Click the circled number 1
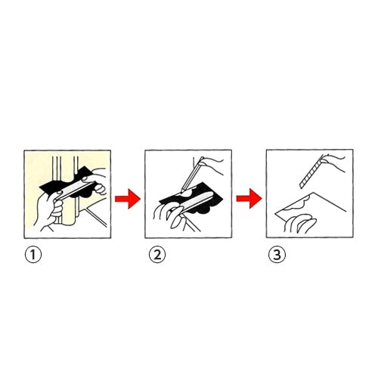click(x=33, y=255)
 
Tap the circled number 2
click(x=157, y=255)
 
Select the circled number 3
click(x=277, y=255)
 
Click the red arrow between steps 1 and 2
click(x=128, y=199)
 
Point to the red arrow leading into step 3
click(x=249, y=199)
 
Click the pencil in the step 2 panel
click(x=192, y=173)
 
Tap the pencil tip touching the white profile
click(x=182, y=190)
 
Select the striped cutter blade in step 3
click(x=311, y=172)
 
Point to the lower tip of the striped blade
click(x=300, y=187)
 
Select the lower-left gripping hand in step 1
click(x=49, y=210)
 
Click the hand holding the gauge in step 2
click(x=170, y=213)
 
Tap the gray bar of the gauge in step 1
click(x=73, y=190)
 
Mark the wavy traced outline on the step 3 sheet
click(x=297, y=204)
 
